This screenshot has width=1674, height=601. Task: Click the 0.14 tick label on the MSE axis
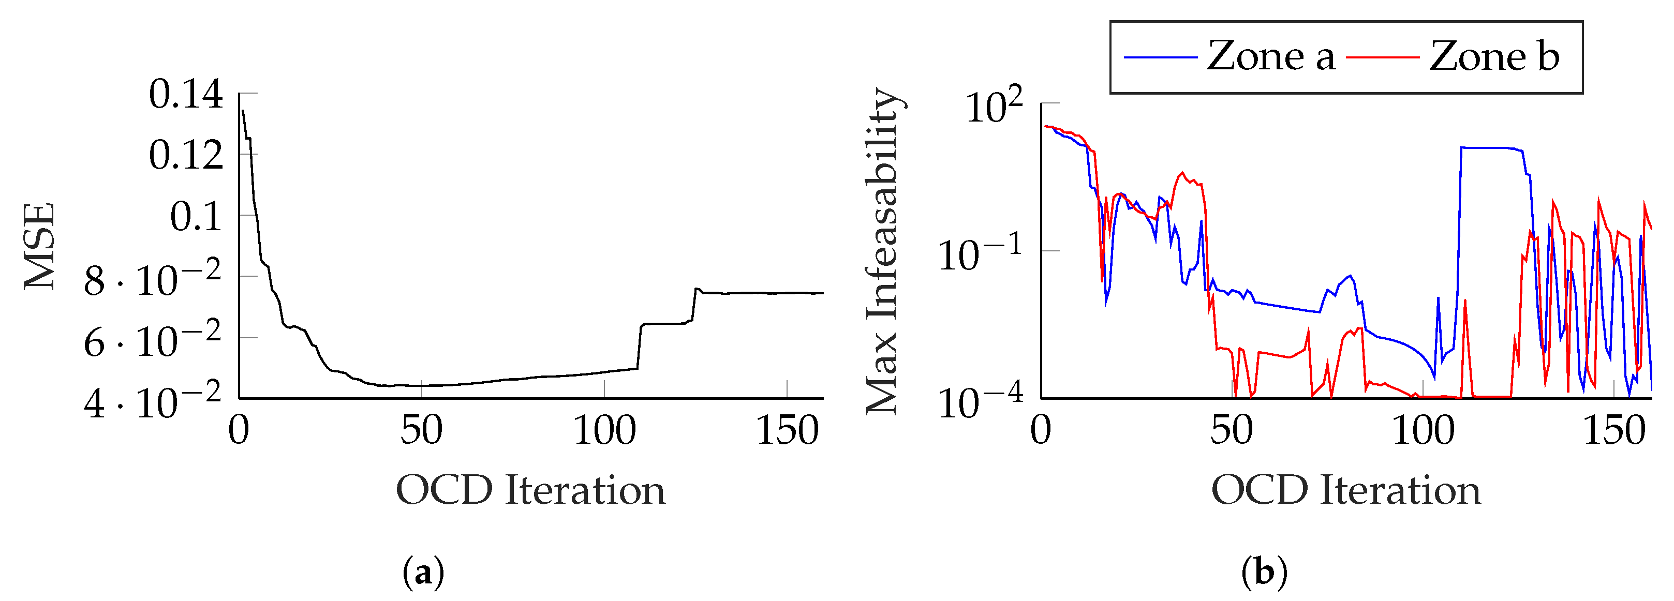(x=186, y=95)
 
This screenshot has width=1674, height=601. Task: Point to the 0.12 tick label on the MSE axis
(x=186, y=156)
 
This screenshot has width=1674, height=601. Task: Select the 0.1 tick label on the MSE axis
(x=196, y=217)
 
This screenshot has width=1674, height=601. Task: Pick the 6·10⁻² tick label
(x=153, y=340)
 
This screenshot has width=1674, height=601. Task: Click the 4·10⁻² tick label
(x=153, y=401)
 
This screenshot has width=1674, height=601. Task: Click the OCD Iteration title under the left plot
(x=530, y=490)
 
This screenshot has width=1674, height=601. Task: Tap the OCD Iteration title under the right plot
(x=1346, y=490)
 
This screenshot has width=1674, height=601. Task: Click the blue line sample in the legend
(x=1161, y=58)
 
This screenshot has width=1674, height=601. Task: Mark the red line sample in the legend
(x=1382, y=58)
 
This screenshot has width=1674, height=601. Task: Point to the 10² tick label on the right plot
(x=994, y=106)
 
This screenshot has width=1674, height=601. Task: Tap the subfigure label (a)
(x=424, y=574)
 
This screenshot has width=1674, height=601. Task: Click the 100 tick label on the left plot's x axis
(x=604, y=431)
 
